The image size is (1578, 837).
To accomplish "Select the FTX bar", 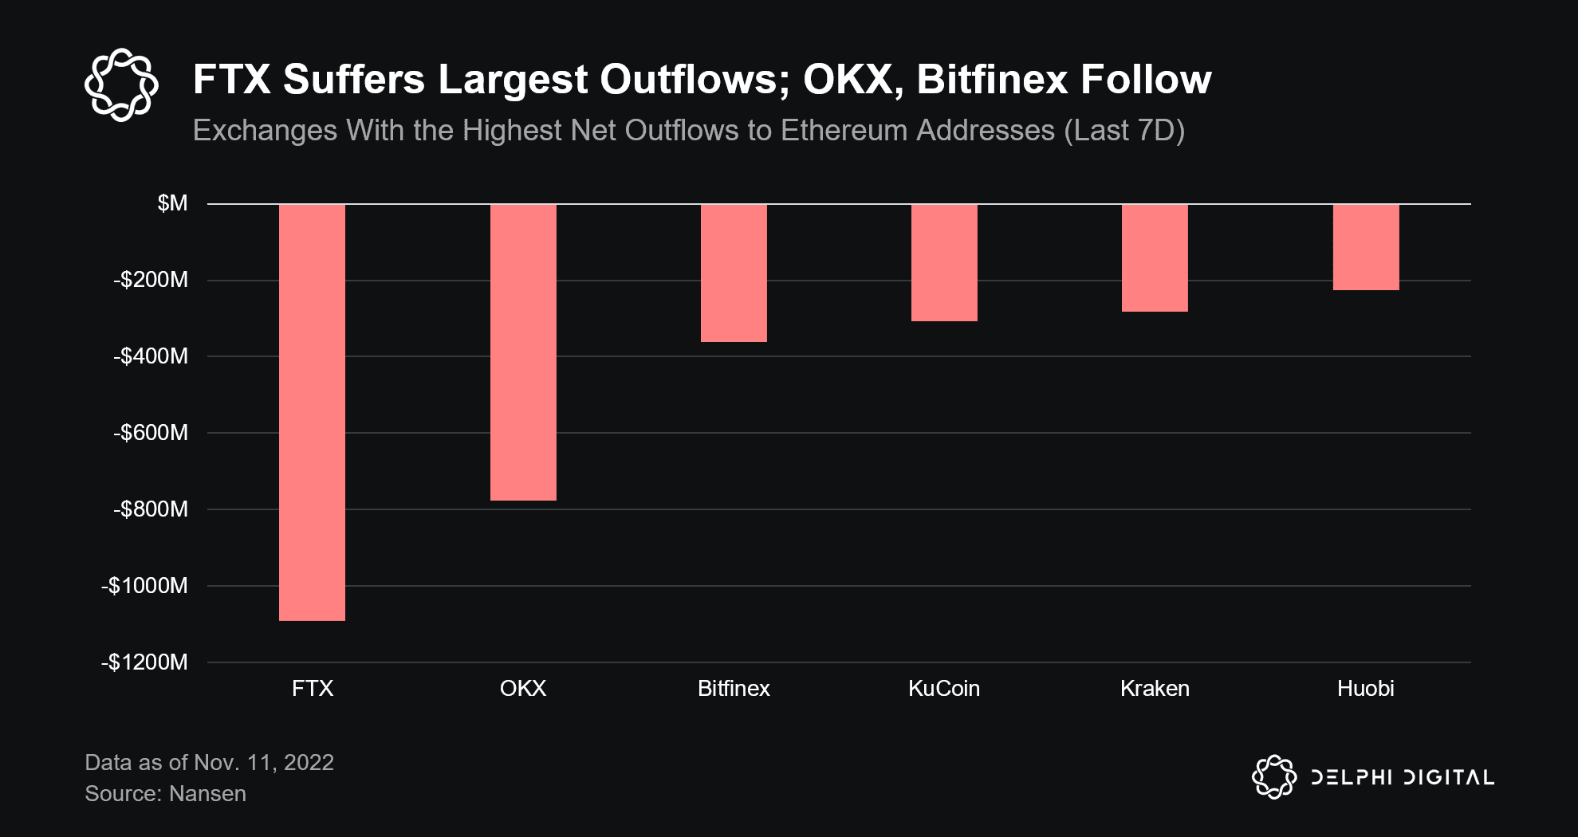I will coord(312,412).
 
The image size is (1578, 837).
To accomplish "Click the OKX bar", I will coord(523,352).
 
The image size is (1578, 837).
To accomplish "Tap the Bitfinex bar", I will coord(734,273).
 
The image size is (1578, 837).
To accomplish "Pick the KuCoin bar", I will coord(944,263).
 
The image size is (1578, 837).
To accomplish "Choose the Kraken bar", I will coord(1155,258).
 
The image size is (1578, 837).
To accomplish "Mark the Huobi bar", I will coord(1366,247).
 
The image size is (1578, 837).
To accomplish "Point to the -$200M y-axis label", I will coord(151,280).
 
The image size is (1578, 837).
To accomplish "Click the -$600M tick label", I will coord(151,433).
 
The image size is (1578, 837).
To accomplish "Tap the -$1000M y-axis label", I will coord(144,586).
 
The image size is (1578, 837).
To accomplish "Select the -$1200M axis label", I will coord(144,662).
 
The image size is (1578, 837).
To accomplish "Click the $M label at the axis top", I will coord(172,203).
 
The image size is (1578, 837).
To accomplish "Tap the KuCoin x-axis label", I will coord(944,689).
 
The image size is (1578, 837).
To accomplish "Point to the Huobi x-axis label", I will coord(1365,689).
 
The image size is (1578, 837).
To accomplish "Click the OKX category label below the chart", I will coord(523,689).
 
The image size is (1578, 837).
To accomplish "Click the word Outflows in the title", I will coord(694,80).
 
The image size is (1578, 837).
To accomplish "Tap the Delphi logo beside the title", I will coord(121,84).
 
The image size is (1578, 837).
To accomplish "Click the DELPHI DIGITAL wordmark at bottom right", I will coord(1403,777).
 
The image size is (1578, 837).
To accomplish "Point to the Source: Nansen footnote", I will coord(165,794).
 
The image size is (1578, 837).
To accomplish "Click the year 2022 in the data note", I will coord(309,763).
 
